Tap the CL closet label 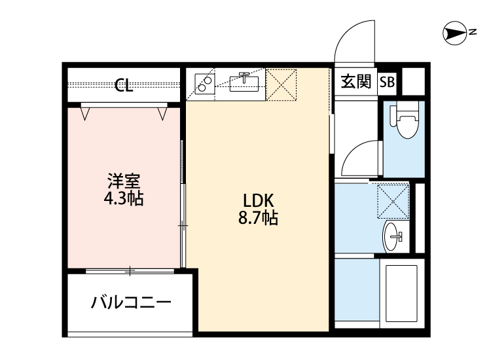124,85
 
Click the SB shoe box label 388,82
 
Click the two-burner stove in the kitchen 206,84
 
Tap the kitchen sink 245,82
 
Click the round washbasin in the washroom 394,236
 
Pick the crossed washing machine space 393,200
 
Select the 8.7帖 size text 258,219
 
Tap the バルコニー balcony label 131,303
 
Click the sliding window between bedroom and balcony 131,270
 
